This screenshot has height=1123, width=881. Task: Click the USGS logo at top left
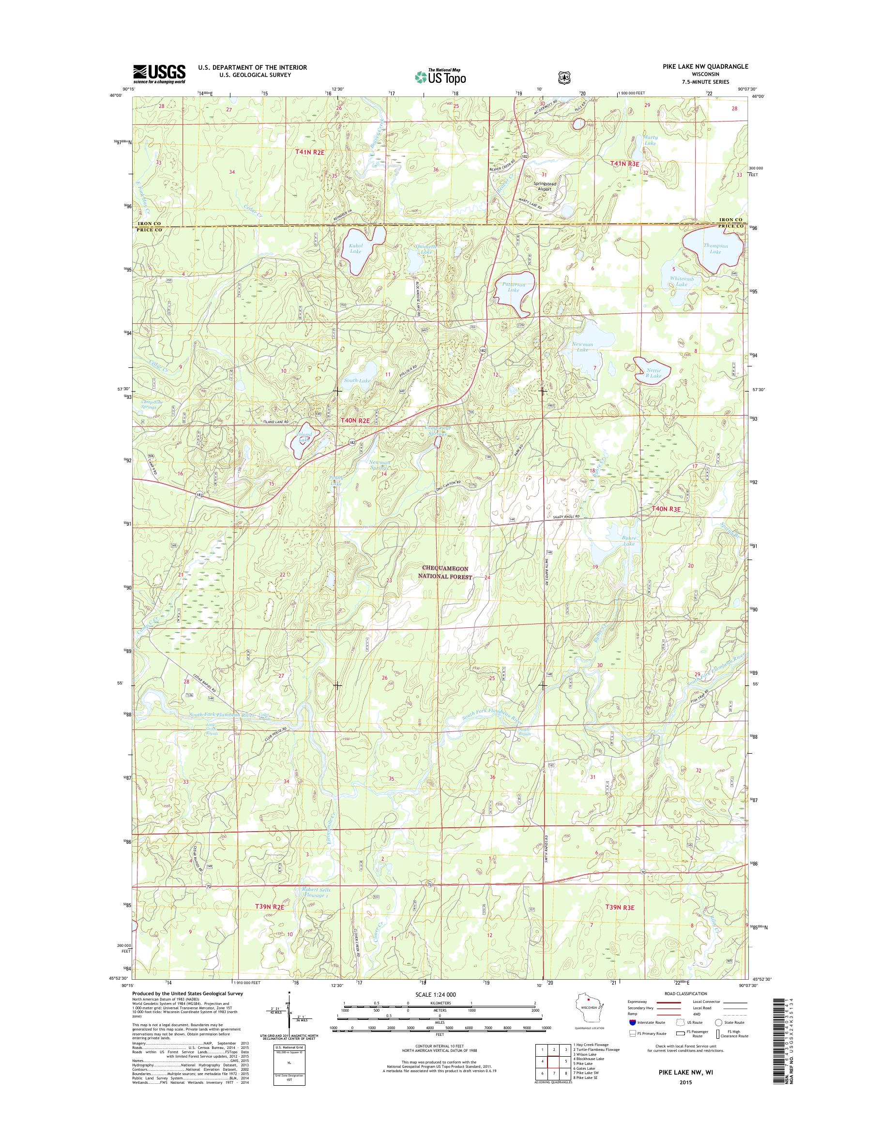click(159, 74)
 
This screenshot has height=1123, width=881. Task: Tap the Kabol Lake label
click(356, 249)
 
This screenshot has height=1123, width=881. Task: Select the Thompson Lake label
click(715, 249)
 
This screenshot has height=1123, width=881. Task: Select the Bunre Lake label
click(629, 541)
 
